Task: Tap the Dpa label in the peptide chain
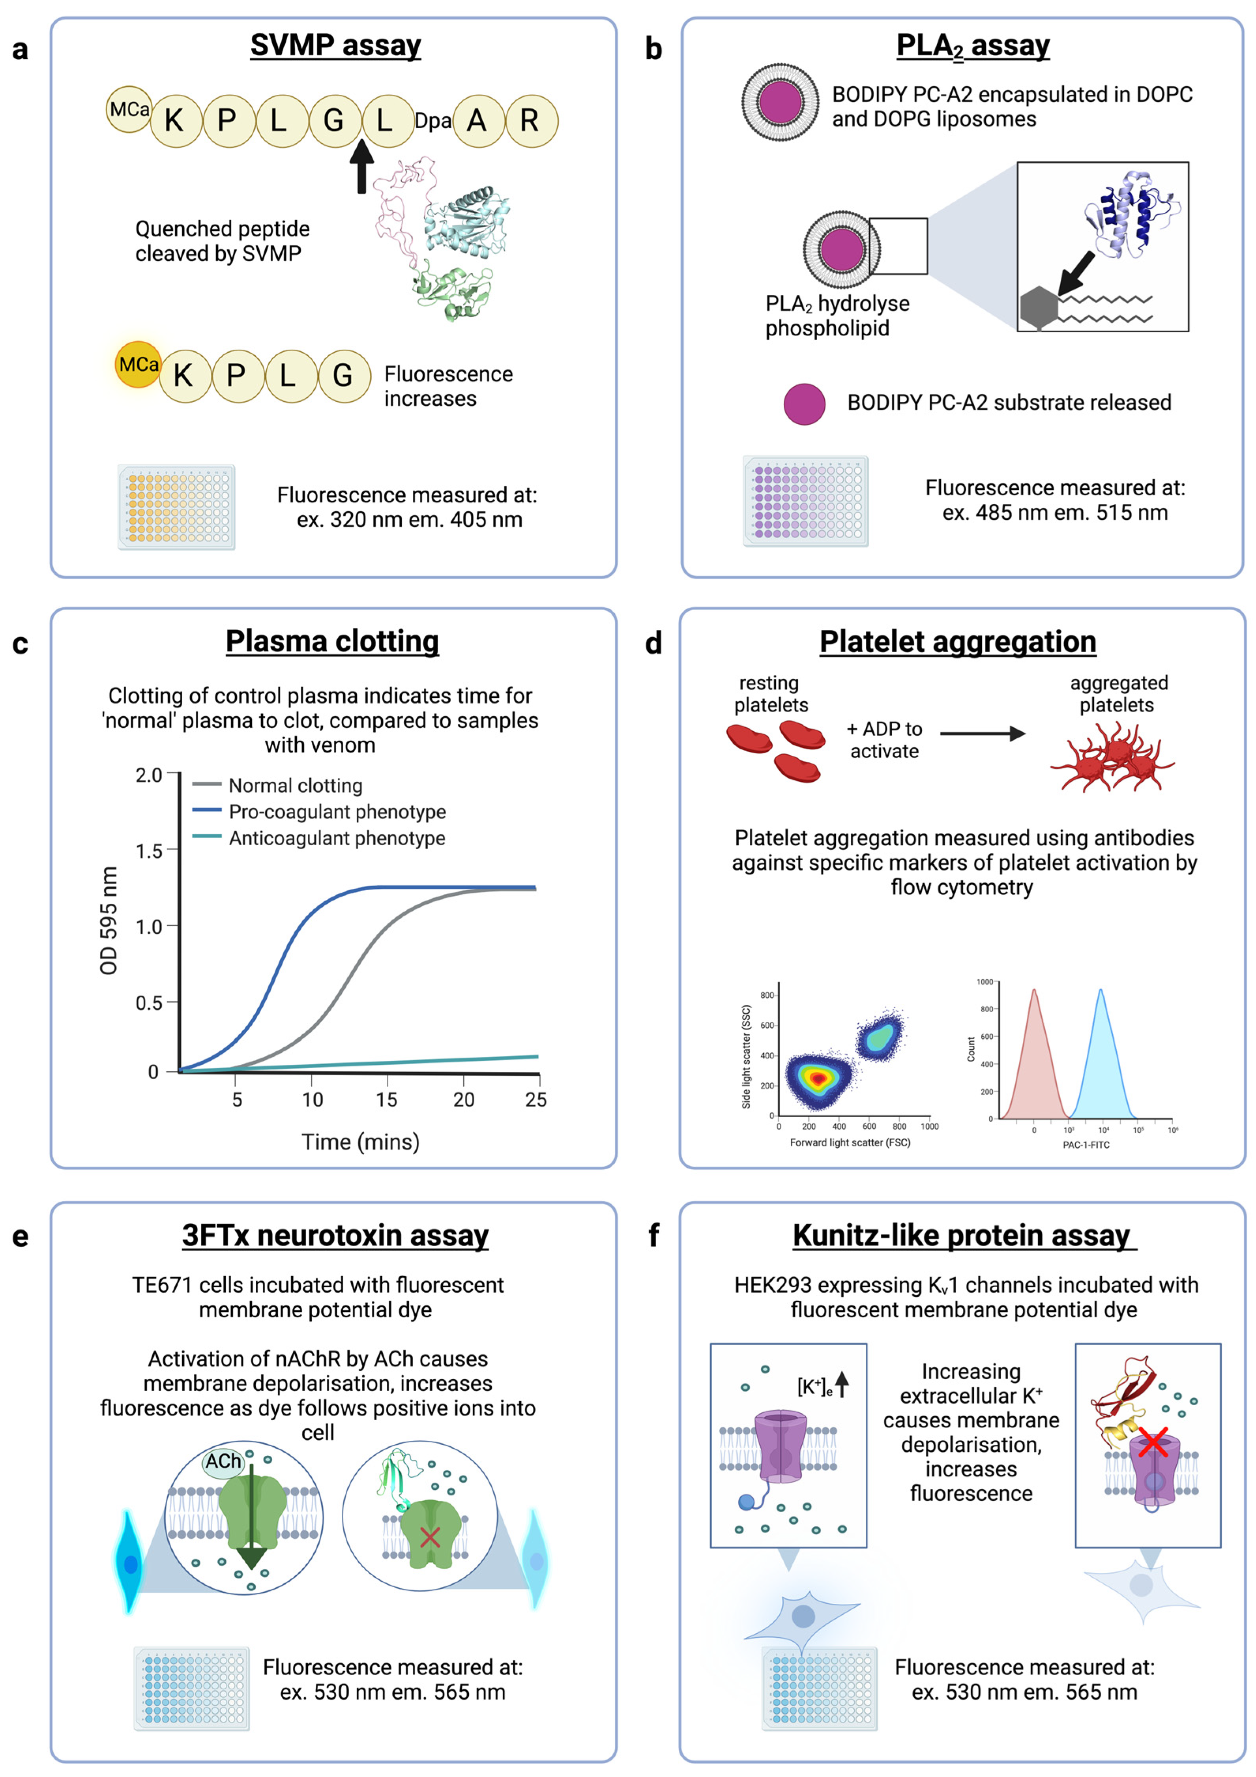432,121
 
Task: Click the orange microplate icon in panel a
176,507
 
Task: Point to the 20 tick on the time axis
464,1099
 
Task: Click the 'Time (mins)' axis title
361,1142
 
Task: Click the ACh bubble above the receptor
223,1461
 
